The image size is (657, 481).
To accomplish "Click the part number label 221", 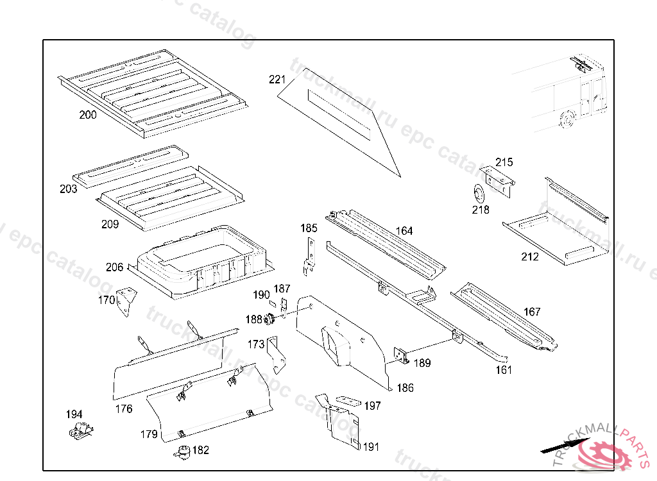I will (x=277, y=80).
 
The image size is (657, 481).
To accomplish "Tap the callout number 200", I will (x=88, y=115).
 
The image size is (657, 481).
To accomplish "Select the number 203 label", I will (x=68, y=189).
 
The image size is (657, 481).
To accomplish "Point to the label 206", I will (x=115, y=267).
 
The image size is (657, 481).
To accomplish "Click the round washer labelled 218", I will (x=477, y=193).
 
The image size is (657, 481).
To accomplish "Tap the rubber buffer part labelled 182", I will (x=182, y=451).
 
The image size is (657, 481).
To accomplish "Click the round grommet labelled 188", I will (x=269, y=319).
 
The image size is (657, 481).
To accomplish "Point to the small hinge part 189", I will (x=400, y=356).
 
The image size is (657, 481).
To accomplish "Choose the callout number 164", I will (x=404, y=231).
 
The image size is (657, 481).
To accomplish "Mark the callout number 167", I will (x=532, y=312).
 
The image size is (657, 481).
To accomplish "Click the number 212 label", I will (x=530, y=257).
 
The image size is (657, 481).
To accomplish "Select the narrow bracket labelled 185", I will (x=310, y=255).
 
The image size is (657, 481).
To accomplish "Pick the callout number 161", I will (x=504, y=370).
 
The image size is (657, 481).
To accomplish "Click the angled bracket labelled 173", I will (x=277, y=355).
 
